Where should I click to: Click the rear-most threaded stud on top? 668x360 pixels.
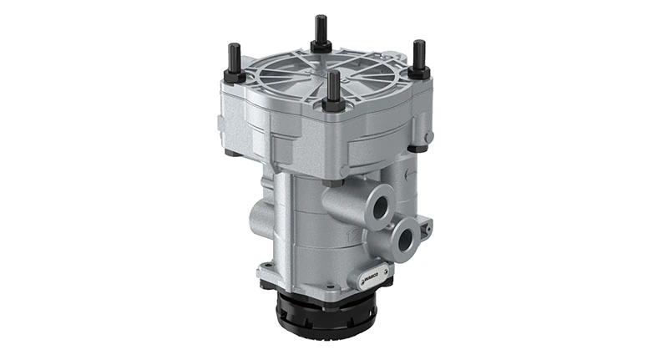tap(320, 30)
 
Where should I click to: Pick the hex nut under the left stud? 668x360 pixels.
tap(235, 78)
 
